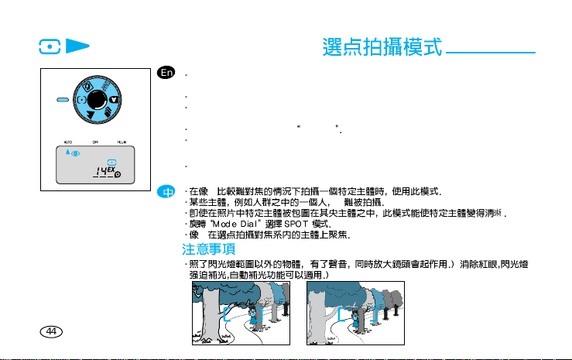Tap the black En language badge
165,73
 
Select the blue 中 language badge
165,190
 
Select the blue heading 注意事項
208,250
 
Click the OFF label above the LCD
96,142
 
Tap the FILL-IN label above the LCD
122,142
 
